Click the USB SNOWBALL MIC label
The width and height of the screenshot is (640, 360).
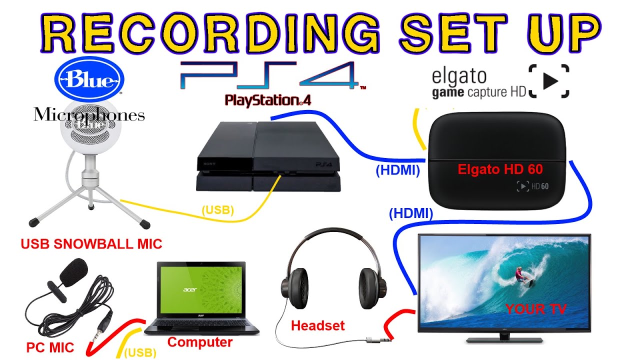click(x=91, y=244)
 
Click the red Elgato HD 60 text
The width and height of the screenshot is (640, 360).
click(x=500, y=169)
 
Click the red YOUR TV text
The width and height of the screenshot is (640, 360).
click(x=536, y=309)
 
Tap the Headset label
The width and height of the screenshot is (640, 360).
click(x=318, y=326)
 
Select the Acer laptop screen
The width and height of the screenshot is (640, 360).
click(x=201, y=291)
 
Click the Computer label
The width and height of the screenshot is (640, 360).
click(x=199, y=342)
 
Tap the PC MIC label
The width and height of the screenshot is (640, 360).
click(x=50, y=347)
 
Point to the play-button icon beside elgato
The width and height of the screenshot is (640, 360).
click(x=549, y=81)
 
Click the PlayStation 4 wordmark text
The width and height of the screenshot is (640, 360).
click(x=268, y=100)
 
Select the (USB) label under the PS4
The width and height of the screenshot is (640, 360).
click(x=217, y=210)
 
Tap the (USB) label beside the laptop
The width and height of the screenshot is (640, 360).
click(x=140, y=352)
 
